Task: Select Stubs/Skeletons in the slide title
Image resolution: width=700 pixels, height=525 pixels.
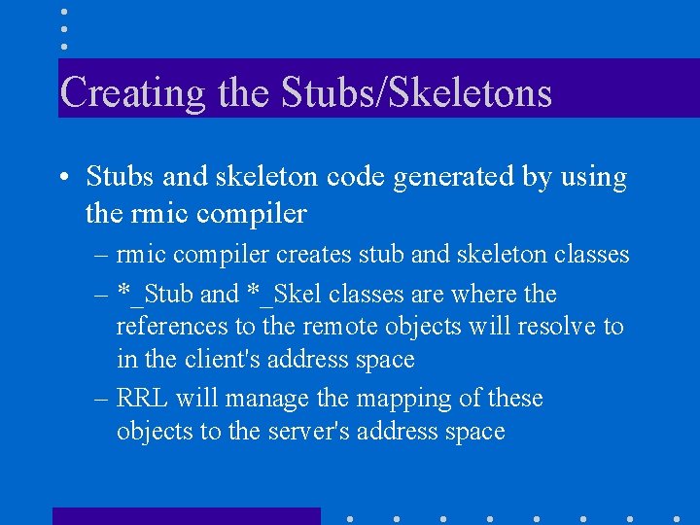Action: [416, 93]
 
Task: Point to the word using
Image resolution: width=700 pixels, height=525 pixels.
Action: [589, 177]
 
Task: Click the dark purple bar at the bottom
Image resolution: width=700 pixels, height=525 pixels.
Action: [186, 516]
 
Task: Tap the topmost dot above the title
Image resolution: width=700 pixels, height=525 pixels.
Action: [63, 11]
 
